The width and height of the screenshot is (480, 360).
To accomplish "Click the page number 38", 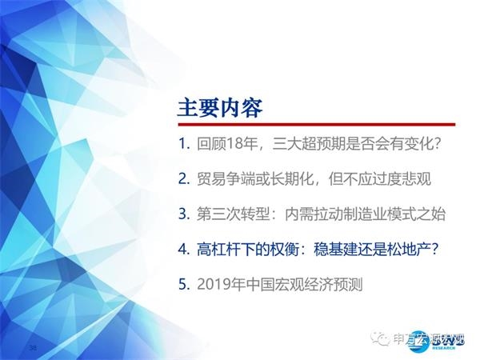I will click(33, 348).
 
